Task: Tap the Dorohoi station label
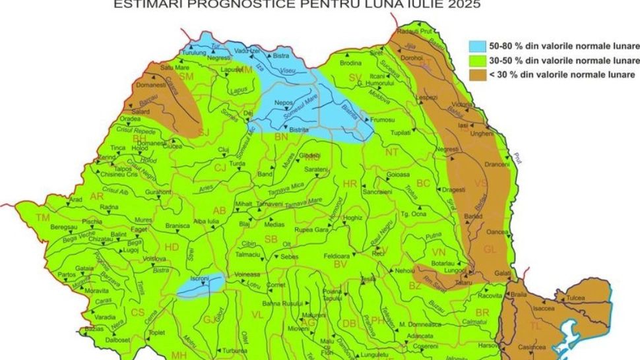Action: click(x=412, y=58)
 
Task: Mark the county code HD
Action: click(x=172, y=247)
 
